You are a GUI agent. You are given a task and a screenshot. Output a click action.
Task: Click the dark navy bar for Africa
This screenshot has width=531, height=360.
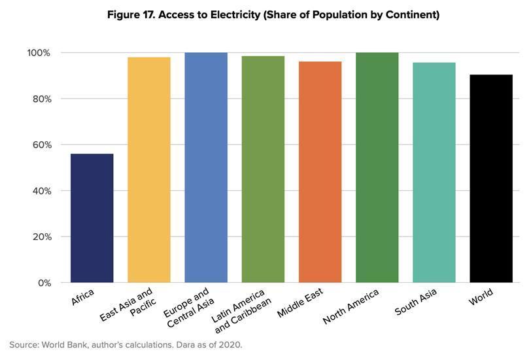[92, 218]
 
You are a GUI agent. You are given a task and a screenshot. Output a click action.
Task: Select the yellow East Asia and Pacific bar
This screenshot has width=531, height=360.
[148, 170]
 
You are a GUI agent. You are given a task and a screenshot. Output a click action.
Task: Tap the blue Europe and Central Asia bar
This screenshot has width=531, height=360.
[206, 167]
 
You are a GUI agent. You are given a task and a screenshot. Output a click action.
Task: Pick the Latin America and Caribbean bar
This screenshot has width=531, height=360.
[263, 169]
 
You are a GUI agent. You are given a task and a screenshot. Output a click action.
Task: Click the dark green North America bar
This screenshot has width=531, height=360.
[377, 167]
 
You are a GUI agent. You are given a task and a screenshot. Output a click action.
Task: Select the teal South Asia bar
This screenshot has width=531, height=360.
[434, 172]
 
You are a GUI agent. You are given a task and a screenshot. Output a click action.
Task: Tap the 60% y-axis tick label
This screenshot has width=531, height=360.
[39, 145]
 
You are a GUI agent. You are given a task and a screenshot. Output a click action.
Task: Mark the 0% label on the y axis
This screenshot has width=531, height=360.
[43, 283]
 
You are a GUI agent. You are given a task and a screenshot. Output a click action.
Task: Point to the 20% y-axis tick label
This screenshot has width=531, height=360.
[39, 237]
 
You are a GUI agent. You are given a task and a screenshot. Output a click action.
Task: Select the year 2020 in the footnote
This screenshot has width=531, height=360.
[230, 344]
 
